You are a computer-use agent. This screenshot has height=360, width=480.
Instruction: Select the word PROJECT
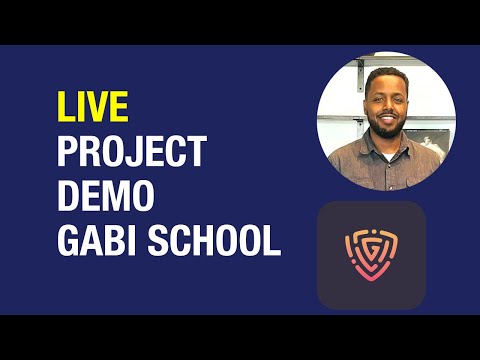click(x=131, y=153)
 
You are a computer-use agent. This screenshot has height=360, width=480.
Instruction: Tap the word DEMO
click(x=105, y=196)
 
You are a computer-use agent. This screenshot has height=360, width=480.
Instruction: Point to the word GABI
click(x=95, y=240)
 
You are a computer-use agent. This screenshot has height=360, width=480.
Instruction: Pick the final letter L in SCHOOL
click(x=272, y=240)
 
